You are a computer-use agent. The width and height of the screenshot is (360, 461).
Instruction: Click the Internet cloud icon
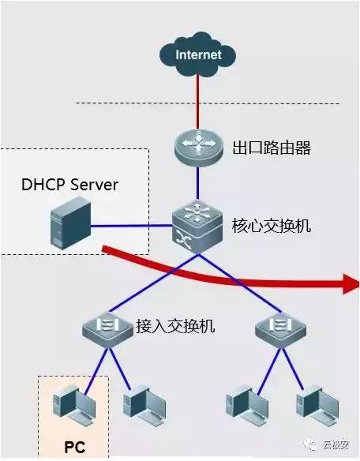(197, 54)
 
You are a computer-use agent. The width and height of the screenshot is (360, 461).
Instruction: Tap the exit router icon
(197, 148)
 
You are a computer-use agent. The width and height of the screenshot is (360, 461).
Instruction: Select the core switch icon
(197, 226)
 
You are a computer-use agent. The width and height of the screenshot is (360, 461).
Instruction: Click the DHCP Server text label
(69, 185)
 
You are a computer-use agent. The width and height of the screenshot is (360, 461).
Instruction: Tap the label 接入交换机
(175, 324)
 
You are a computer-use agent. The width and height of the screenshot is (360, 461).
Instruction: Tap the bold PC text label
(74, 447)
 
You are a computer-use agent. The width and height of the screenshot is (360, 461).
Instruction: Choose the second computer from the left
(143, 405)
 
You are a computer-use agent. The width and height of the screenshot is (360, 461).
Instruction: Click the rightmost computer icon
(314, 405)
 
